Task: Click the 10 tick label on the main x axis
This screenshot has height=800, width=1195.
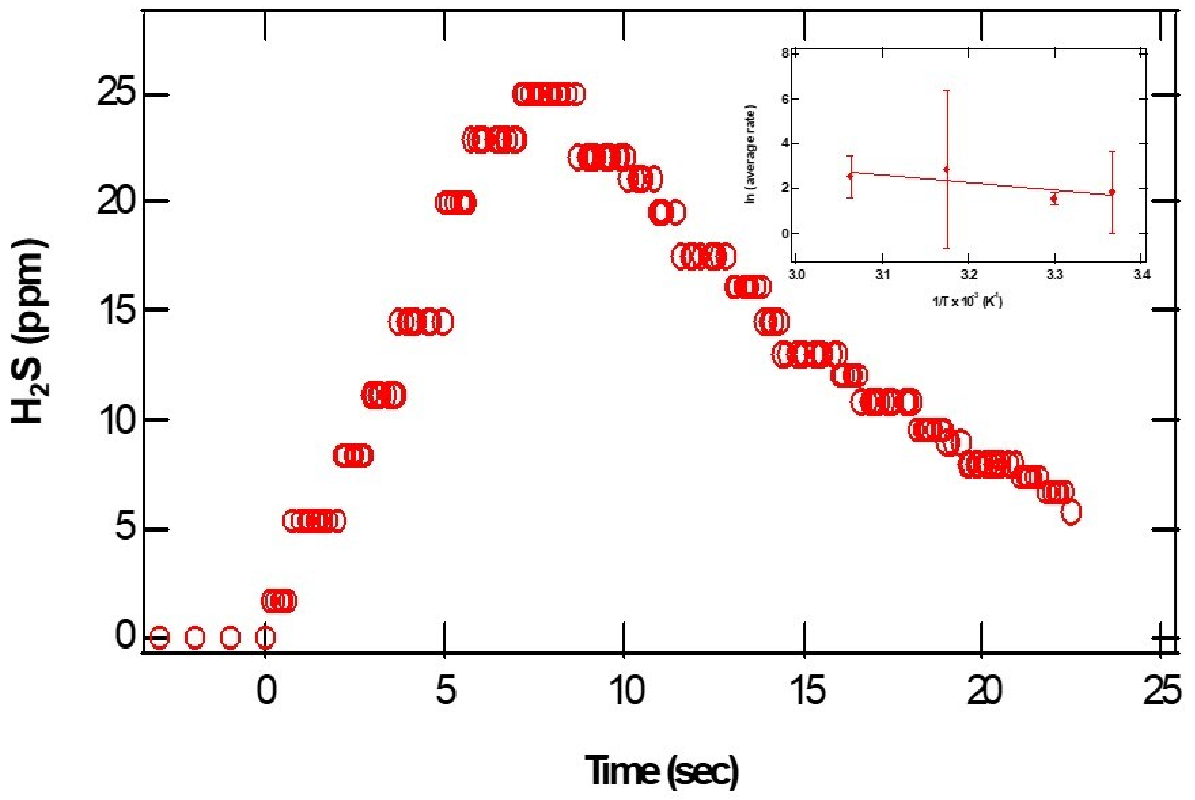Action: coord(627,691)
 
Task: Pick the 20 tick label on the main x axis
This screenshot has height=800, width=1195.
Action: coord(984,691)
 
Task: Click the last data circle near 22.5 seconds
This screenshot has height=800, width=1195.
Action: coord(1070,512)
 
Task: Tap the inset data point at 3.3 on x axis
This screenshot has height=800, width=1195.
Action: coord(1054,198)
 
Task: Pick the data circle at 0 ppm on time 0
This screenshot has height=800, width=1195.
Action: coord(265,637)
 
